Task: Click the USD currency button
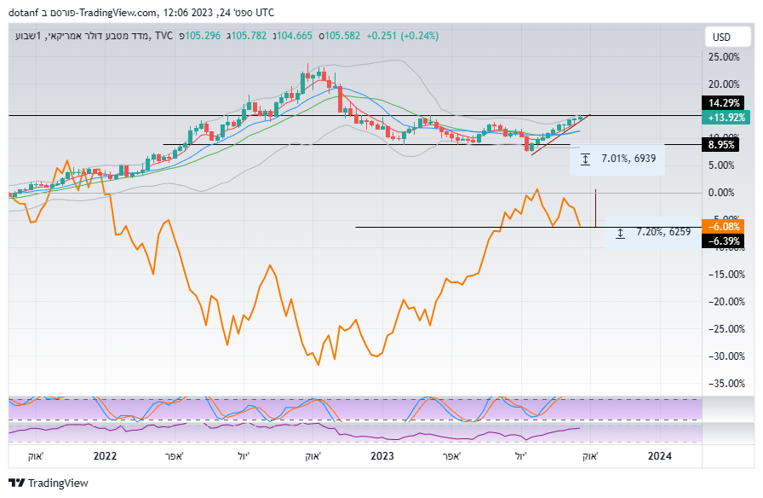[721, 37]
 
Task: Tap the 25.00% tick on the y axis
[724, 57]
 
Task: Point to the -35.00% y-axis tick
[724, 384]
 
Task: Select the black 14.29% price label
[725, 103]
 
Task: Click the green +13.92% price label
[725, 117]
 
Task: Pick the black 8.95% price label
[725, 145]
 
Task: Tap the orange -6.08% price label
[725, 227]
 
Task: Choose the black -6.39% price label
[725, 241]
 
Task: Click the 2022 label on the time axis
[105, 456]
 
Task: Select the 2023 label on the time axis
[382, 456]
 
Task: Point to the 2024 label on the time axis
[660, 456]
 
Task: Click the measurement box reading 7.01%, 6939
[617, 159]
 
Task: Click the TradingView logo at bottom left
[49, 483]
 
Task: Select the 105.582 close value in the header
[342, 36]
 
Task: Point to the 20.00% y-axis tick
[724, 84]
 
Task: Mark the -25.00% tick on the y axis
[724, 329]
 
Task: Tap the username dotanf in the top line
[26, 12]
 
